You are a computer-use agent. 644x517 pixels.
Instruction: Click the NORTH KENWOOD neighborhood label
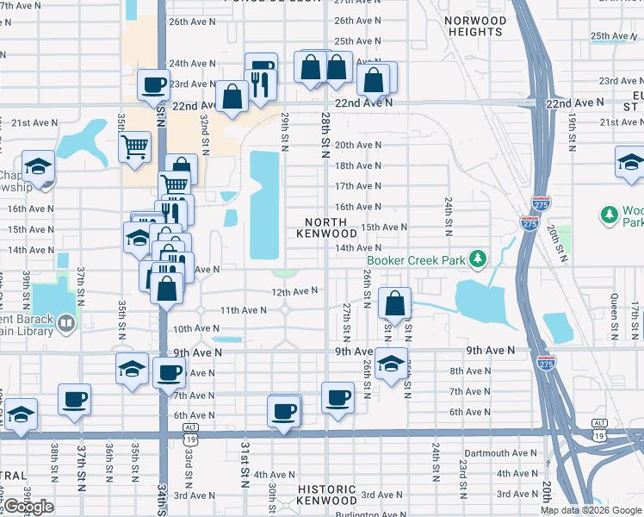326,227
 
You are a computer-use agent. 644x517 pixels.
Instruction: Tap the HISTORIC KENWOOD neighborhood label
326,495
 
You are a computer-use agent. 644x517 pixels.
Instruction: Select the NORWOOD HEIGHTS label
475,26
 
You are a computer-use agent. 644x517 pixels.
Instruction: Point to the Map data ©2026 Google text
591,510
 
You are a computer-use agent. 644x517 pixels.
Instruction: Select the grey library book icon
67,324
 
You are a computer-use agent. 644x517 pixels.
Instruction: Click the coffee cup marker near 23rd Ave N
154,84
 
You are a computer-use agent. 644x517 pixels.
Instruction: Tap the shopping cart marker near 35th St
134,146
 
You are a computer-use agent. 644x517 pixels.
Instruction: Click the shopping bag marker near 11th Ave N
393,303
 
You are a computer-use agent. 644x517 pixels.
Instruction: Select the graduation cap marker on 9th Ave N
390,363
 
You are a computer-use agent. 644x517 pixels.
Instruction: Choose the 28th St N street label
326,128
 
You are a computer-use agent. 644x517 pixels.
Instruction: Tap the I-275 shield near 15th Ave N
529,223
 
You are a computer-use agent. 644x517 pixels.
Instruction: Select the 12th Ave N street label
295,291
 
